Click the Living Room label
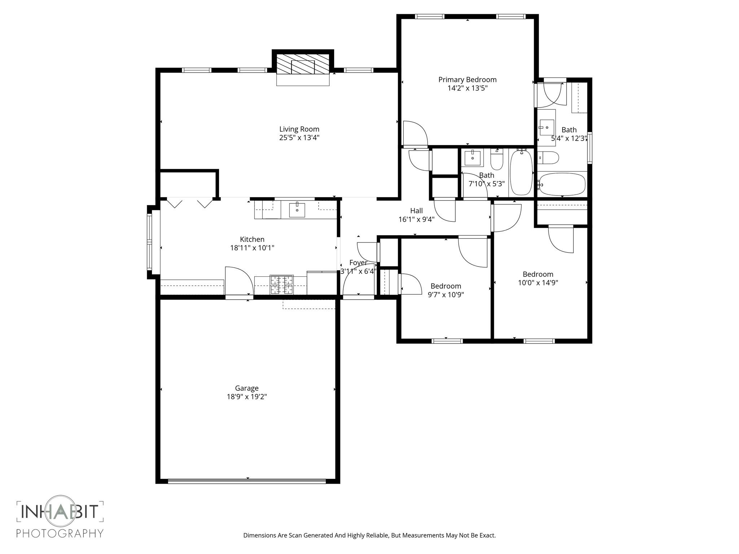point(299,129)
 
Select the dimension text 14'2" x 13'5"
point(467,88)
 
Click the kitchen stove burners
point(282,285)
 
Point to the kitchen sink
point(297,210)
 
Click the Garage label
point(247,388)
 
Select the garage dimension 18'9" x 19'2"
point(247,397)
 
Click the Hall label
point(416,211)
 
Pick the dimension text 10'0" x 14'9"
point(538,283)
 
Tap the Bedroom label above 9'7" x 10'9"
point(446,286)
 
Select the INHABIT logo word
point(60,511)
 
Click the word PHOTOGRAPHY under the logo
point(60,533)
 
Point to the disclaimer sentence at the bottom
point(369,535)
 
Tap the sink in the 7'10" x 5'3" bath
point(472,158)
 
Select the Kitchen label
point(252,239)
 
